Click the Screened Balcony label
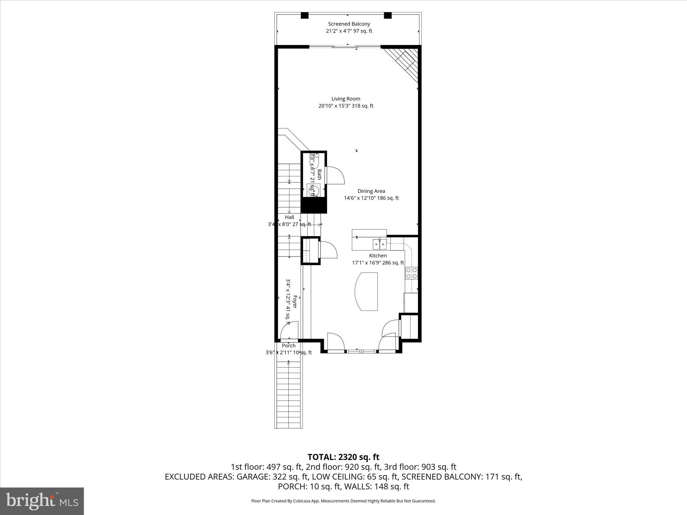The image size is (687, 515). (x=349, y=24)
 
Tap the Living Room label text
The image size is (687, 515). (x=346, y=99)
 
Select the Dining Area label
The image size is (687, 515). (x=371, y=191)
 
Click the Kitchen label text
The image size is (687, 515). (x=378, y=256)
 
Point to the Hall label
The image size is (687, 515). (x=289, y=217)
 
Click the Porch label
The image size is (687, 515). (x=288, y=346)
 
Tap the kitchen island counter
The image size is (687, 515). (x=367, y=291)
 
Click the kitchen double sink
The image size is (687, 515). (x=380, y=244)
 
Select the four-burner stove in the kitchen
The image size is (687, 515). (x=411, y=273)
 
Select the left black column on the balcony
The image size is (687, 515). (x=304, y=15)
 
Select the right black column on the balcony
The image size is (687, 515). (x=388, y=15)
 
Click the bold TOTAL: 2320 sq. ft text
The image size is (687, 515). (x=343, y=457)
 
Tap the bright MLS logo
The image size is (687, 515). (x=42, y=501)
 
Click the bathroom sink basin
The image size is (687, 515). (x=313, y=190)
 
